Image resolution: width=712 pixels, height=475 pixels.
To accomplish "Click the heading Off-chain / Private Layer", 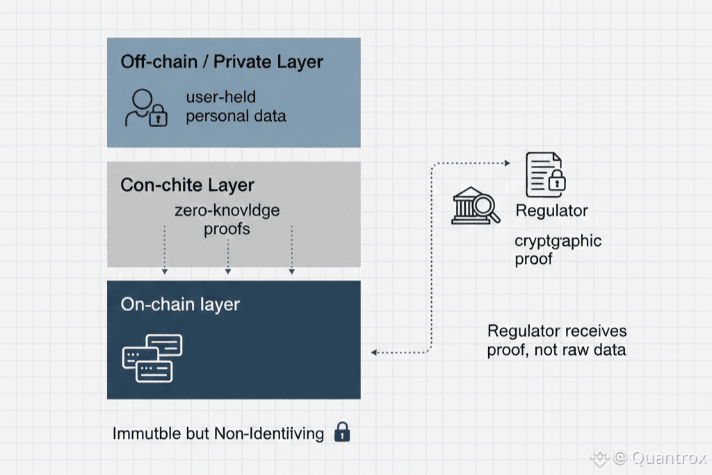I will point(222,62).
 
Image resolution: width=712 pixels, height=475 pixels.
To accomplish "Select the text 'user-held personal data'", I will point(235,106).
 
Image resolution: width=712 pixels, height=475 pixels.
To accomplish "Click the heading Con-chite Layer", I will point(187,185).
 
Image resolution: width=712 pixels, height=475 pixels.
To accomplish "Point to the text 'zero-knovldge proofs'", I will point(227,219).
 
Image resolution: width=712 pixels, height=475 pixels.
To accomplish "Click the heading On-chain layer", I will point(180,304).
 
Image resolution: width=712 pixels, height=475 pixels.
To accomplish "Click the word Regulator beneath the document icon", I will point(551,210).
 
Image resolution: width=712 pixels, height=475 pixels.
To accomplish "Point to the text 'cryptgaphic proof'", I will point(558,250).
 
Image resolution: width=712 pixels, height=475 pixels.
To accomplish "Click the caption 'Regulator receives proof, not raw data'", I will point(556,340).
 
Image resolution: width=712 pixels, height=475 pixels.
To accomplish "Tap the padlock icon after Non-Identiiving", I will point(342,432).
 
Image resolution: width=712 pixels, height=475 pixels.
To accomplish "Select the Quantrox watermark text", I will point(667,458).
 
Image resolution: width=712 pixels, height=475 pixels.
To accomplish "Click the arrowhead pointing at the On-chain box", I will point(374,353).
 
